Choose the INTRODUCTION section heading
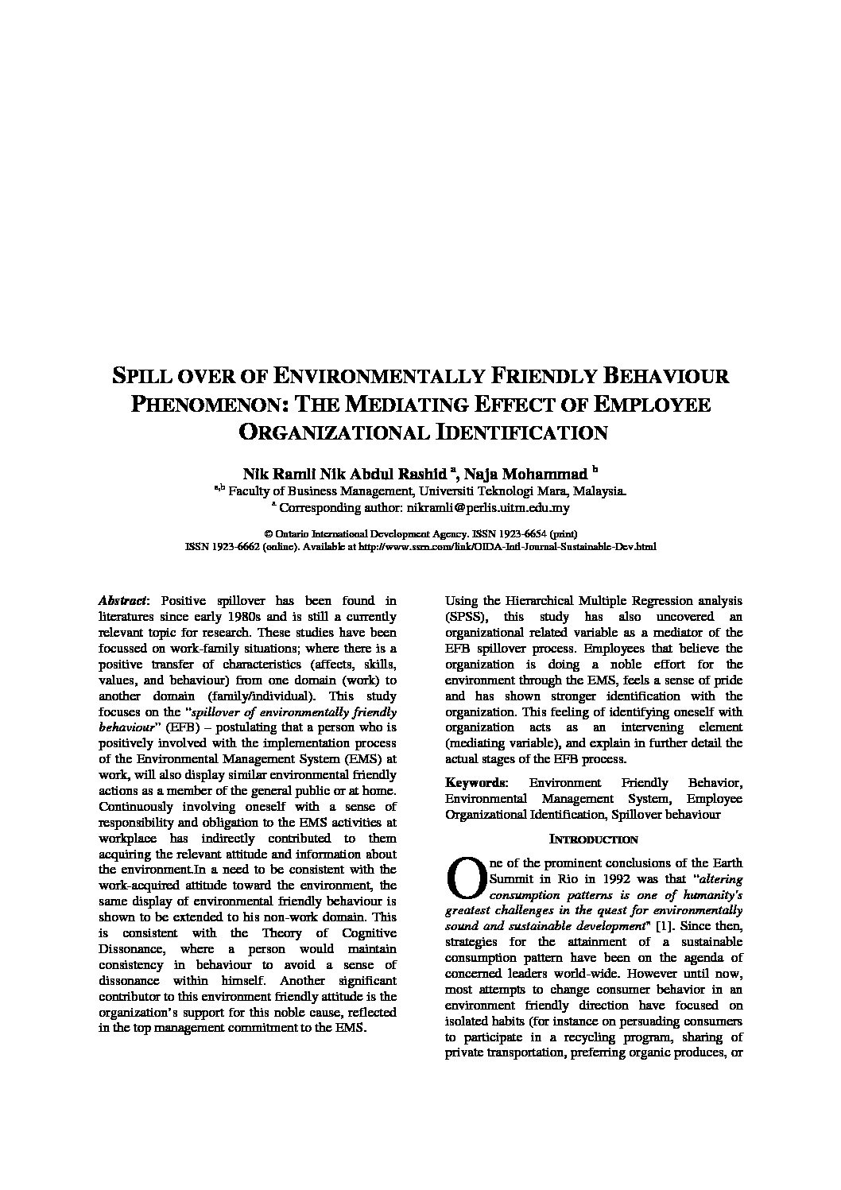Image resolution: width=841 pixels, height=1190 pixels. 594,839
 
